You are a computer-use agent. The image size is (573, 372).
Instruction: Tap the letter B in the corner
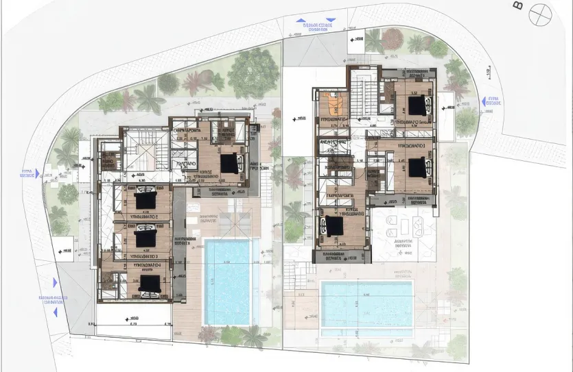pyautogui.click(x=517, y=6)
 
